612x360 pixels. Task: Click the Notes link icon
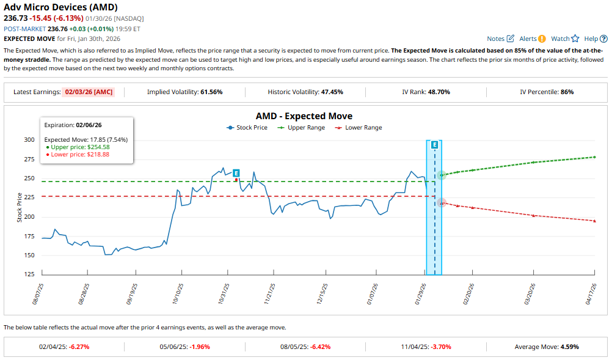point(510,39)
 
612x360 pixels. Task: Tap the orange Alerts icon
point(542,39)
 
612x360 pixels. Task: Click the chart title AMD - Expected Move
point(304,116)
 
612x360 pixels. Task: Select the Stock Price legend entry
point(247,128)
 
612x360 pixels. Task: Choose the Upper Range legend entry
point(301,128)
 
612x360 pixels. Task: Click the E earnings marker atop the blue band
point(434,145)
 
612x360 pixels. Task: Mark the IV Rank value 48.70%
point(437,92)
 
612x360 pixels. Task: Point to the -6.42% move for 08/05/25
point(320,347)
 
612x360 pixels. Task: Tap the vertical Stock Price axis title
point(20,207)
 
